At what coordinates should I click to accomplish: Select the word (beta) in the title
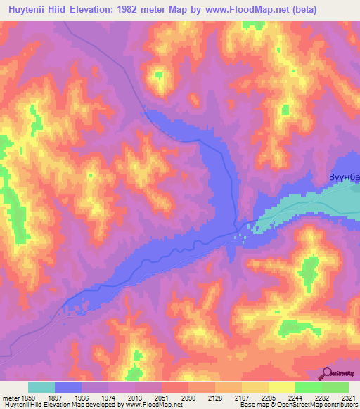tap(302, 10)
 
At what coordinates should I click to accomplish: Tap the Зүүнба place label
tap(345, 178)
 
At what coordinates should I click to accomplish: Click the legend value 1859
tap(28, 398)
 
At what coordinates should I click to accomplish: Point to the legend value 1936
tap(82, 398)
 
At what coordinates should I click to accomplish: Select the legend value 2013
tap(135, 398)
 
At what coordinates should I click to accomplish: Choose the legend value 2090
tap(188, 398)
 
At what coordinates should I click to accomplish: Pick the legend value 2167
tap(242, 398)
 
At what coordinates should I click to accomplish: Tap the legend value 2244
tap(295, 398)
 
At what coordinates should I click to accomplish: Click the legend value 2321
tap(348, 398)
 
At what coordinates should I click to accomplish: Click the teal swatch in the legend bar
tap(41, 387)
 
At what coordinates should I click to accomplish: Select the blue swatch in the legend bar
tap(68, 387)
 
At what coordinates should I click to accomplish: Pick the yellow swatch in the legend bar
tap(282, 387)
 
